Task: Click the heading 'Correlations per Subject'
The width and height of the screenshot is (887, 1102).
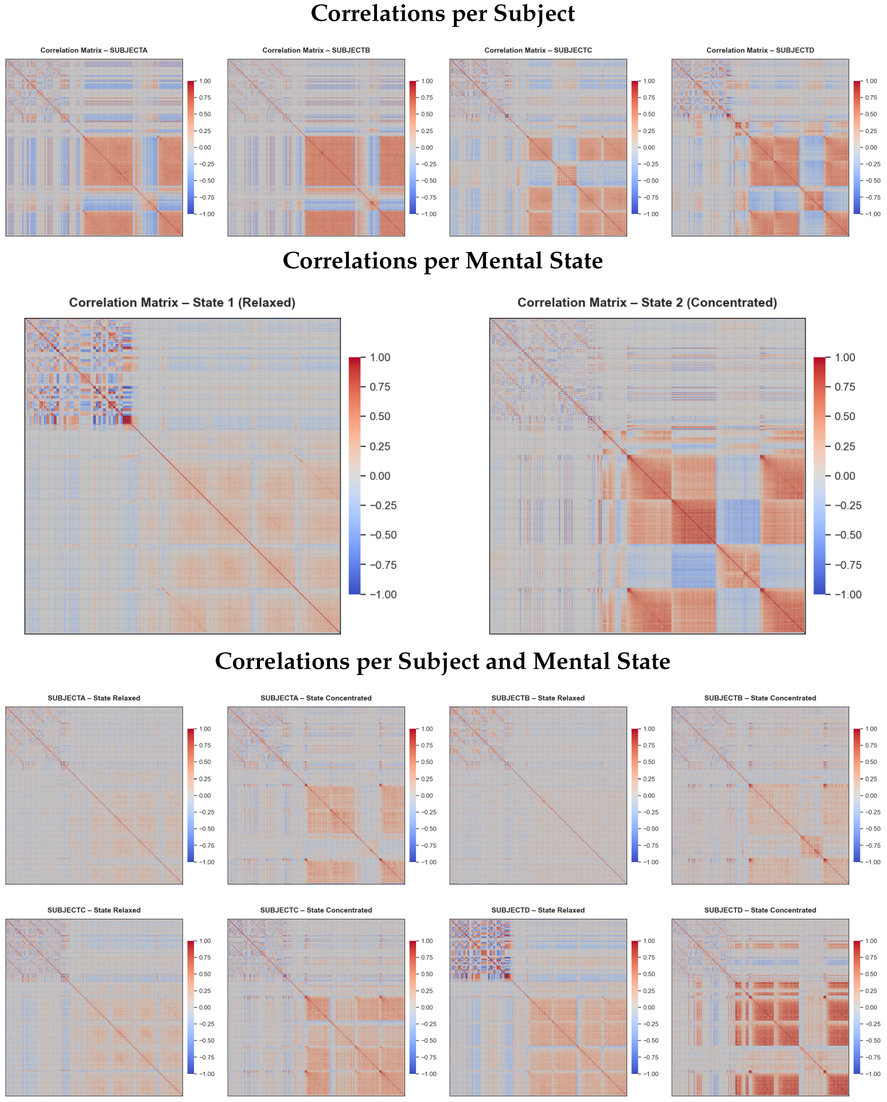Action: pyautogui.click(x=442, y=14)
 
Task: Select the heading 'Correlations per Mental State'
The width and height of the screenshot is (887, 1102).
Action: pyautogui.click(x=442, y=261)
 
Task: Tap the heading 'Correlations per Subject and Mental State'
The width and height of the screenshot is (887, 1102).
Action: pyautogui.click(x=442, y=661)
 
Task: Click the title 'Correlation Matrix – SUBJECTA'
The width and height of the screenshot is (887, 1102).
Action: pyautogui.click(x=94, y=51)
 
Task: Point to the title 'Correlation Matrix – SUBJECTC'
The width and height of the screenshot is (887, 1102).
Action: pyautogui.click(x=538, y=51)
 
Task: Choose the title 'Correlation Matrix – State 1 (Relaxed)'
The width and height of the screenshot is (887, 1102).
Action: pyautogui.click(x=182, y=302)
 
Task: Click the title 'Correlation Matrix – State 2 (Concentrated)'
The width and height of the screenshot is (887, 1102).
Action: pyautogui.click(x=647, y=302)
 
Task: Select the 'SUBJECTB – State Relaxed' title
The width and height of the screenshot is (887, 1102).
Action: pyautogui.click(x=538, y=698)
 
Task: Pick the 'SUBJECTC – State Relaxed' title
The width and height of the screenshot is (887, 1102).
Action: pyautogui.click(x=94, y=910)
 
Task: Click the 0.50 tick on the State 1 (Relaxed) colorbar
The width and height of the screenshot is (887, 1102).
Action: pyautogui.click(x=380, y=417)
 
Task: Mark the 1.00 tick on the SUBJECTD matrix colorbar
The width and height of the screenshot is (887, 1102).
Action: pyautogui.click(x=870, y=82)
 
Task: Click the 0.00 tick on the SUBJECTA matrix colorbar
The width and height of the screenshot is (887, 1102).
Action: pyautogui.click(x=205, y=148)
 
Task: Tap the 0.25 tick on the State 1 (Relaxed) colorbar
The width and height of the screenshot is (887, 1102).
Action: pyautogui.click(x=380, y=447)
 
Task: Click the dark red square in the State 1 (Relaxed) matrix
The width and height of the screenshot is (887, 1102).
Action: pyautogui.click(x=127, y=420)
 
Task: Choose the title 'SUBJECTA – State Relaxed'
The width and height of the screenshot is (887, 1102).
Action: pyautogui.click(x=94, y=698)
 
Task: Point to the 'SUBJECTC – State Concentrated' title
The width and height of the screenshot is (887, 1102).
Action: pyautogui.click(x=316, y=910)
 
